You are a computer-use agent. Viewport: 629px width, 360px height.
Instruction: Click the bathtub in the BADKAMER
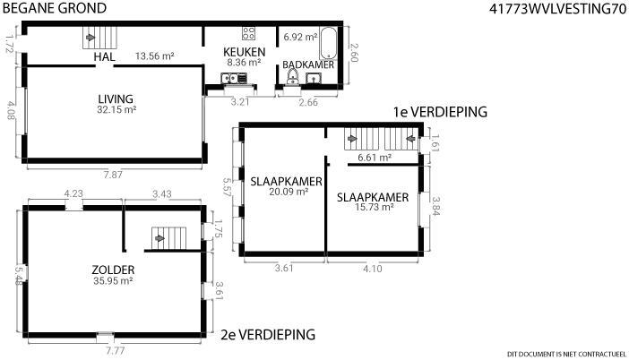[329, 43]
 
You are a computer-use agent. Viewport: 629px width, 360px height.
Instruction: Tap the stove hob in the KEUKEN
[249, 33]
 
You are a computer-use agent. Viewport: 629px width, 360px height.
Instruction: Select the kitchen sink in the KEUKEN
[234, 78]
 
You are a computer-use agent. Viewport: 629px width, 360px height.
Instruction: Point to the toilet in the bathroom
[293, 77]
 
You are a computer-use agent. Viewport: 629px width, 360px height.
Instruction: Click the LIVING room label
[116, 99]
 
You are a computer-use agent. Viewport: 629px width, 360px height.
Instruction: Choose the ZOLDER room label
[113, 270]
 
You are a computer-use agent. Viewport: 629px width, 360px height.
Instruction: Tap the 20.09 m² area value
[289, 192]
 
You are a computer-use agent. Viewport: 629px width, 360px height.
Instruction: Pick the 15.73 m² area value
[374, 207]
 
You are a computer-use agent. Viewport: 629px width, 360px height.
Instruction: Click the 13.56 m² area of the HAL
[154, 56]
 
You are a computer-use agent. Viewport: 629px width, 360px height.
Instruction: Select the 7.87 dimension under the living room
[113, 175]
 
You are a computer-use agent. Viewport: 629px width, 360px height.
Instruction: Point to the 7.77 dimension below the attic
[115, 351]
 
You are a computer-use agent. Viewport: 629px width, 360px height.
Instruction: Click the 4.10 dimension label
[372, 269]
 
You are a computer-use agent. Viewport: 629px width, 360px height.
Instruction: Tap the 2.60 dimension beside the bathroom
[353, 53]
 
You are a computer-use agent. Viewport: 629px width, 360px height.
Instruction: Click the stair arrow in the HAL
[90, 38]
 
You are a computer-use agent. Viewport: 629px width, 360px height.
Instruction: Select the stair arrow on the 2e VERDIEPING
[159, 238]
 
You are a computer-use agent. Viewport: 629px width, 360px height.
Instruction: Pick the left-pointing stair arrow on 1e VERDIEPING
[410, 139]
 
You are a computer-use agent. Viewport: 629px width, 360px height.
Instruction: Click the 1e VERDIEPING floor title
[440, 112]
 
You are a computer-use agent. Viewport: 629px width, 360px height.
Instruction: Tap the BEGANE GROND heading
[55, 8]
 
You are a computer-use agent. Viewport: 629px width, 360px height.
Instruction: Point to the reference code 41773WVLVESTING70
[557, 9]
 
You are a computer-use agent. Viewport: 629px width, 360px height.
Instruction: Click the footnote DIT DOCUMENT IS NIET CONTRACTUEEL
[566, 354]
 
